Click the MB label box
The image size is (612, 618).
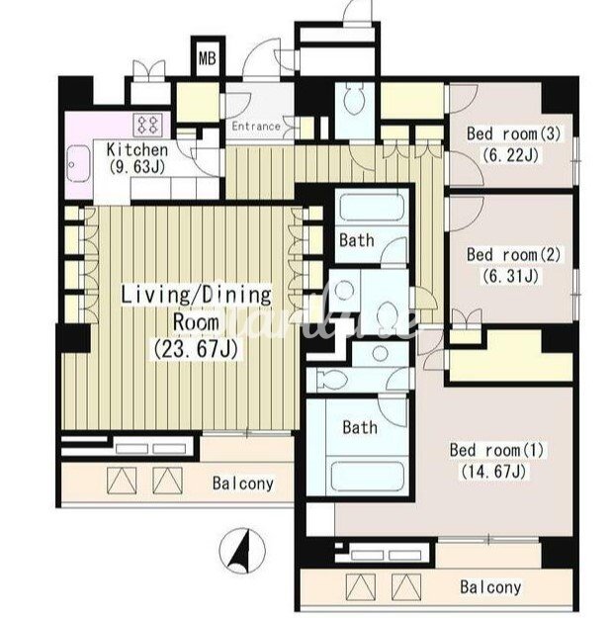(208, 58)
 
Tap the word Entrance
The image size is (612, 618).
(256, 127)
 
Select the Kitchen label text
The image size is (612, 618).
(137, 149)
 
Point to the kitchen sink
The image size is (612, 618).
(79, 164)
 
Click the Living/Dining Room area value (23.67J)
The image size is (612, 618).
(196, 349)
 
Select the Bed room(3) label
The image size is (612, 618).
(513, 133)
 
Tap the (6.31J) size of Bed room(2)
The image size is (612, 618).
(510, 276)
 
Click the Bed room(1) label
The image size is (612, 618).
(496, 450)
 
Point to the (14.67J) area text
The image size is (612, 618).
(493, 471)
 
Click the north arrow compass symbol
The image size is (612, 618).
(242, 551)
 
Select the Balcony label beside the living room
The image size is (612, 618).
(243, 484)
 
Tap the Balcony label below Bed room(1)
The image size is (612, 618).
(490, 587)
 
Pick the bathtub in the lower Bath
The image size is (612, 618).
(367, 477)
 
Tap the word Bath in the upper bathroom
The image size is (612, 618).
(357, 240)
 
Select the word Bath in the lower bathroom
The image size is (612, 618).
(360, 427)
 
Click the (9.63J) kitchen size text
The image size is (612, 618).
(137, 167)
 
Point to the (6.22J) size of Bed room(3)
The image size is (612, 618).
(510, 154)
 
